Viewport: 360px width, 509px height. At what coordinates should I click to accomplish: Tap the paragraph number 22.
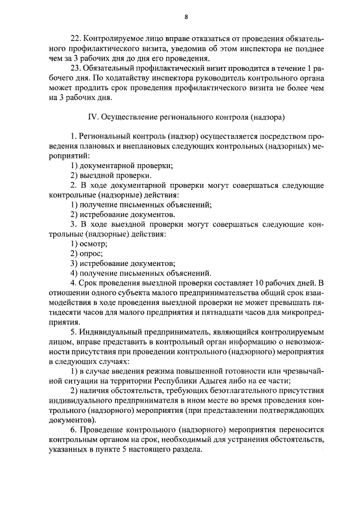pos(75,38)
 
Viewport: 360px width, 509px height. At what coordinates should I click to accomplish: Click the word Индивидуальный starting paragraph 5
pos(111,332)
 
